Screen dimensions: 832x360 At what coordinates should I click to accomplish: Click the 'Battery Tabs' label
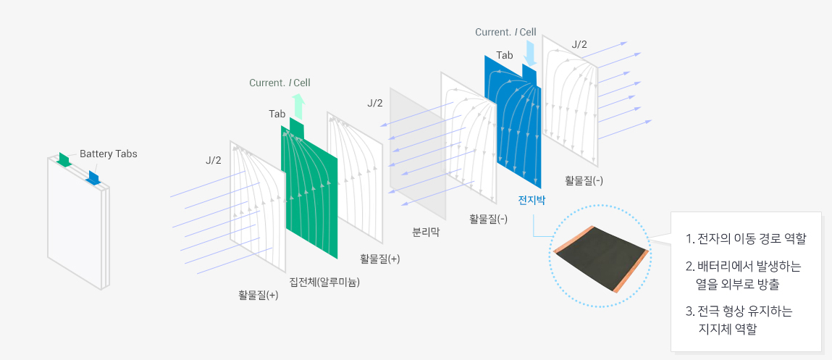108,154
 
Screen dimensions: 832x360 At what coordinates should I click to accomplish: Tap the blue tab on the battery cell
93,176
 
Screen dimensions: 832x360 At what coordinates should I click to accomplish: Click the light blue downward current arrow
530,53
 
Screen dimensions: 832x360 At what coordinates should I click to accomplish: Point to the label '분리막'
426,233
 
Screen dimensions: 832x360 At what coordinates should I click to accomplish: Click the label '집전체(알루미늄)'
324,281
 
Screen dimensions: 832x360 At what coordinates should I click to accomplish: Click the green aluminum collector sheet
311,196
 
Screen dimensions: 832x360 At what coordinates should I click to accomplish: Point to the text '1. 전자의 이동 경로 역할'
745,238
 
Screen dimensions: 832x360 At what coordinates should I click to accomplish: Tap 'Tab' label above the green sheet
277,114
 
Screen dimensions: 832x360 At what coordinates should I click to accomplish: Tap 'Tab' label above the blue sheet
505,55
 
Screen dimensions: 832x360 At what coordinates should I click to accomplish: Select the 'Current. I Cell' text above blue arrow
505,32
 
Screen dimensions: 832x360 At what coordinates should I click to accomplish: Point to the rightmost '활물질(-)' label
584,180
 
